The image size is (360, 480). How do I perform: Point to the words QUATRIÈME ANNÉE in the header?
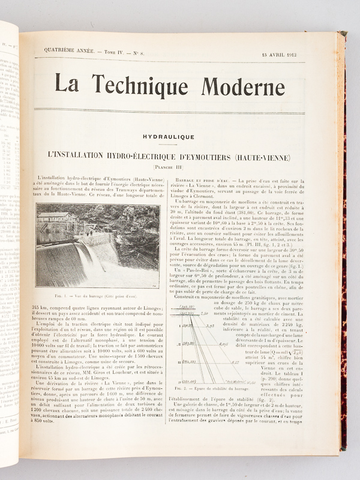click(64, 53)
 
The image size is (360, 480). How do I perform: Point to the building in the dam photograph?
click(57, 217)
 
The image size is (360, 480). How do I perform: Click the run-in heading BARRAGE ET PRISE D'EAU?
click(204, 179)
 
